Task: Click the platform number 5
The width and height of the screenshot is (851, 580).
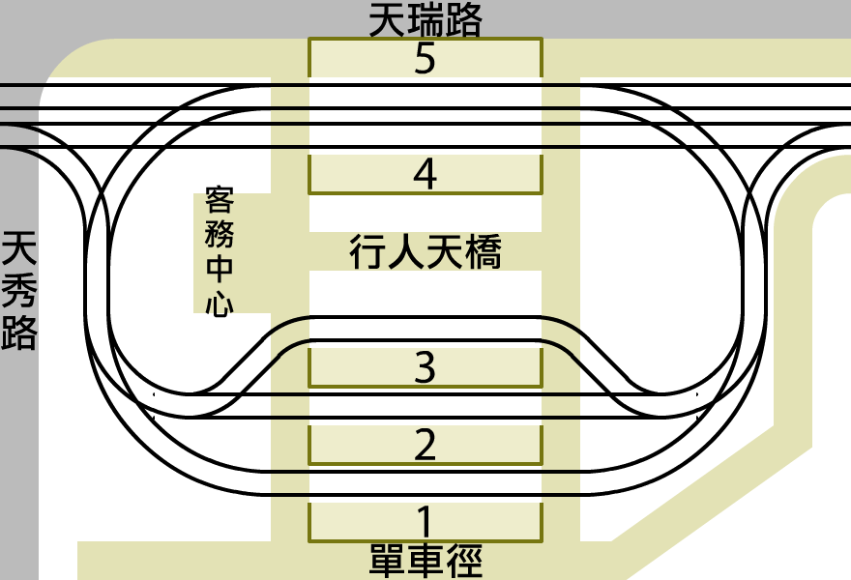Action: pyautogui.click(x=425, y=59)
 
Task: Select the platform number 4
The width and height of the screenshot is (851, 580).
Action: pyautogui.click(x=425, y=175)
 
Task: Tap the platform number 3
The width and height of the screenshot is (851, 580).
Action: pyautogui.click(x=425, y=368)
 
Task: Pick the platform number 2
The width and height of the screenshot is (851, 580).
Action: pyautogui.click(x=425, y=446)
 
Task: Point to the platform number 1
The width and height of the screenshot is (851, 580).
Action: pyautogui.click(x=425, y=521)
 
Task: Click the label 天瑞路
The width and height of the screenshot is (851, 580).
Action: pyautogui.click(x=425, y=20)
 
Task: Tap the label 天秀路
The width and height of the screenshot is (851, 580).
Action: pyautogui.click(x=20, y=290)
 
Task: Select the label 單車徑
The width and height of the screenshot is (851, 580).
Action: pyautogui.click(x=425, y=561)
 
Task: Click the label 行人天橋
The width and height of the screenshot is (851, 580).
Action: pyautogui.click(x=425, y=253)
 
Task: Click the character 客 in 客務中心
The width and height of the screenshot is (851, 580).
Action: pyautogui.click(x=220, y=203)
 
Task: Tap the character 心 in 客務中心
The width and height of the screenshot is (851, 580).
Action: pyautogui.click(x=220, y=304)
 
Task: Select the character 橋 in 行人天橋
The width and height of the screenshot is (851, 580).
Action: pyautogui.click(x=483, y=253)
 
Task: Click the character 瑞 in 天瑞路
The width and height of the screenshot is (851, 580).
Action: pyautogui.click(x=425, y=20)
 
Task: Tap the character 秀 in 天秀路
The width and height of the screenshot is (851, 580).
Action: pyautogui.click(x=20, y=290)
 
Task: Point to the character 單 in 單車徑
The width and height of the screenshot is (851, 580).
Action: pyautogui.click(x=388, y=561)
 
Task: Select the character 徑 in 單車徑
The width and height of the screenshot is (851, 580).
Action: pyautogui.click(x=463, y=561)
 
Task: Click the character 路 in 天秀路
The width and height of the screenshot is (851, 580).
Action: pyautogui.click(x=20, y=332)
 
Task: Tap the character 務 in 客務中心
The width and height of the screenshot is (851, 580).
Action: pyautogui.click(x=220, y=236)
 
